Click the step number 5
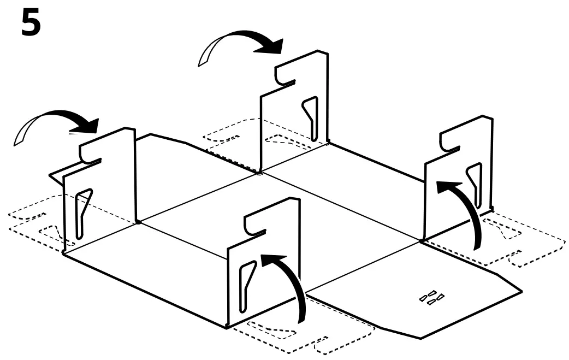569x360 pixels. [31, 24]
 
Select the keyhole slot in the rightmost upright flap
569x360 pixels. [473, 185]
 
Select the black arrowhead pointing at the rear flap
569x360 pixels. [270, 45]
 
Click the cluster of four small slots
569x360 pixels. [431, 297]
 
